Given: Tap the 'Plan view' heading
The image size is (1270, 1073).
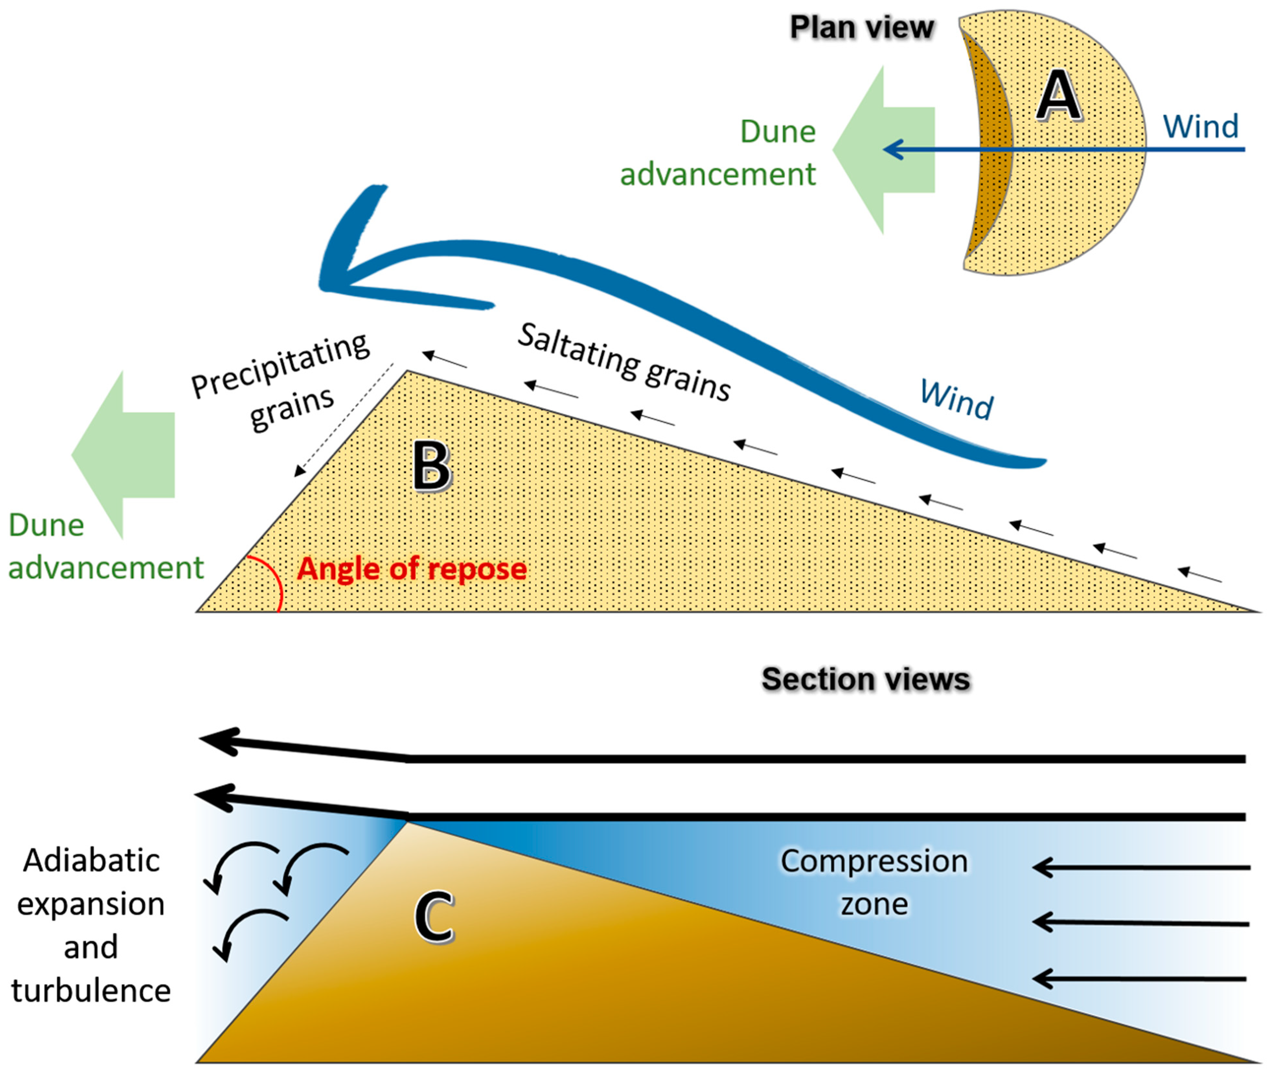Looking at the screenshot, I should click(861, 28).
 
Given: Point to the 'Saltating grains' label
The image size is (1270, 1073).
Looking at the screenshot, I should click(624, 362).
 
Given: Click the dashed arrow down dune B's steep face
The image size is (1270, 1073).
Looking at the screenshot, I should click(344, 420).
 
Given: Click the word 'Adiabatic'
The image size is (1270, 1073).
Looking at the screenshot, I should click(91, 861).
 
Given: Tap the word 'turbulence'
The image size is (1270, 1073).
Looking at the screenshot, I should click(91, 990).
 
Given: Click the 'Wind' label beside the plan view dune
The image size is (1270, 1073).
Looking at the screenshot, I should click(1200, 127).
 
